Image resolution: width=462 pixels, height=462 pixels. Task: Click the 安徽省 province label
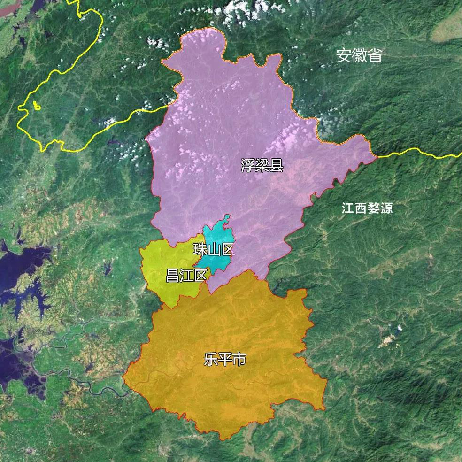(x=359, y=55)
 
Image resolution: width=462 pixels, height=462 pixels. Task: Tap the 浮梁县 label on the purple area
(x=262, y=165)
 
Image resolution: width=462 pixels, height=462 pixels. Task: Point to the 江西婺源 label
(x=367, y=208)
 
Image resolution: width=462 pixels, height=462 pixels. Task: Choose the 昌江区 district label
(x=186, y=276)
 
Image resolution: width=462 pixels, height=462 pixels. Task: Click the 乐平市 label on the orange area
(x=225, y=360)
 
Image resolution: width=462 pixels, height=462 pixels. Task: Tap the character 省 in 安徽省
(x=374, y=55)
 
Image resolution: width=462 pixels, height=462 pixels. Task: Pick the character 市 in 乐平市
(x=239, y=360)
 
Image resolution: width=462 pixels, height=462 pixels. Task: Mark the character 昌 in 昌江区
(x=172, y=276)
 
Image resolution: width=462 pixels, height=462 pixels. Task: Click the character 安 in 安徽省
(x=344, y=55)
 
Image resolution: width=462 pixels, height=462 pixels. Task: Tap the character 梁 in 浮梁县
(x=262, y=165)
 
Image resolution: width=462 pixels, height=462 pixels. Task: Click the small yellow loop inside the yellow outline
(x=37, y=107)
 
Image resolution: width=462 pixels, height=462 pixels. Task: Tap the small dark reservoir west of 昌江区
(x=107, y=269)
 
